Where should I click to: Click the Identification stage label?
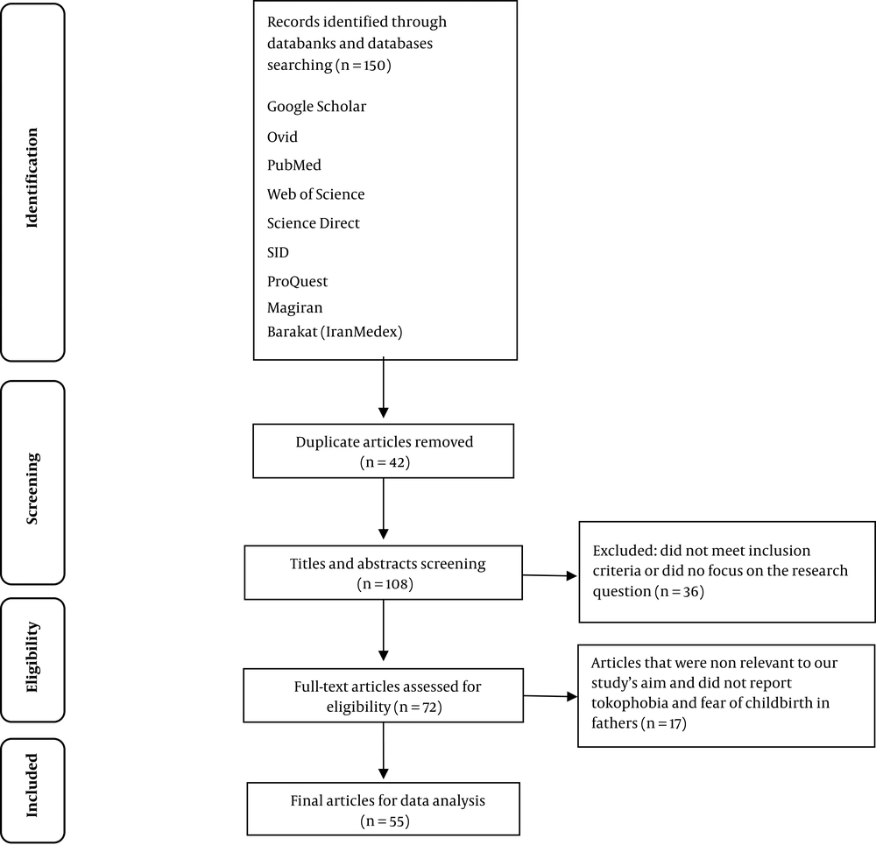click(x=32, y=178)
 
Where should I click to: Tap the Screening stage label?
click(x=32, y=488)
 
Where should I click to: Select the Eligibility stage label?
click(x=32, y=657)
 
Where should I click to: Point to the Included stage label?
click(x=32, y=785)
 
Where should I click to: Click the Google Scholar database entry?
click(x=316, y=107)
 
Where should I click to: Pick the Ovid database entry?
click(x=282, y=137)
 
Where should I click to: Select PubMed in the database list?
click(x=293, y=165)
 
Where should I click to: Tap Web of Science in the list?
click(x=315, y=194)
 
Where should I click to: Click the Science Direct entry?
click(x=313, y=223)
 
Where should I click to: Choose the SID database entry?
click(x=278, y=252)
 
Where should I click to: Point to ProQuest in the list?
click(x=297, y=281)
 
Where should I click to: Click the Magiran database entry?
click(x=294, y=307)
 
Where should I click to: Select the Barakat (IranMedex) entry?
click(x=335, y=332)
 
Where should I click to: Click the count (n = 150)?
click(x=364, y=66)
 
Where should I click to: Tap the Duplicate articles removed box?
click(x=384, y=451)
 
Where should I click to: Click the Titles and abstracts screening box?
click(x=384, y=573)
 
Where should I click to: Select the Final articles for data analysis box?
click(x=384, y=809)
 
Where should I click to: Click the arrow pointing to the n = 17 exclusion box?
click(x=550, y=696)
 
